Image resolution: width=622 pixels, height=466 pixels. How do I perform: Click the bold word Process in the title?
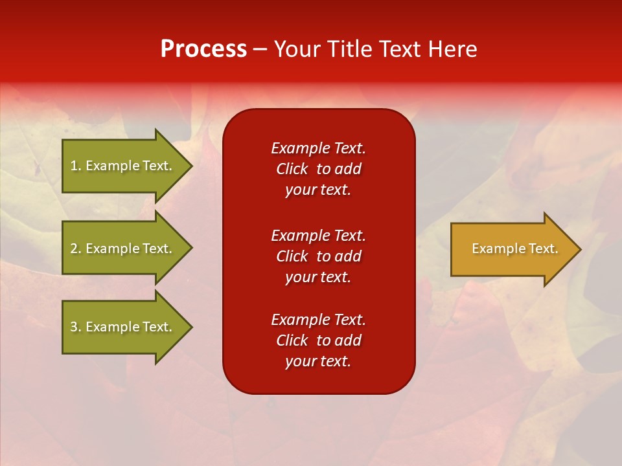[203, 49]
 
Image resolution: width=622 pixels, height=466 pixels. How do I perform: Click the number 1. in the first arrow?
[75, 166]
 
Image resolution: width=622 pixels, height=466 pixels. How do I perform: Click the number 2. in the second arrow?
[75, 249]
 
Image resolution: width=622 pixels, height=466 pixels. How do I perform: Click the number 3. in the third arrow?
[75, 327]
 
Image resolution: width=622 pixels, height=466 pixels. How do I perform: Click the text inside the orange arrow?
[514, 249]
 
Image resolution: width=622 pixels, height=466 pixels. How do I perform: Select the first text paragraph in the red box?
[318, 169]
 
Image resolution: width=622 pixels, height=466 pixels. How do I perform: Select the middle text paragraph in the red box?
[318, 256]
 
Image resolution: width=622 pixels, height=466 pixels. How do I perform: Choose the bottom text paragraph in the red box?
[318, 340]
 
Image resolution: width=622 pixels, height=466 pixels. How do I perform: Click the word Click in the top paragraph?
[292, 169]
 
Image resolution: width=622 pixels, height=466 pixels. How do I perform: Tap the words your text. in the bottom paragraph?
[317, 361]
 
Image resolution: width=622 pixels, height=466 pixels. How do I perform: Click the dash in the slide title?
[260, 49]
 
